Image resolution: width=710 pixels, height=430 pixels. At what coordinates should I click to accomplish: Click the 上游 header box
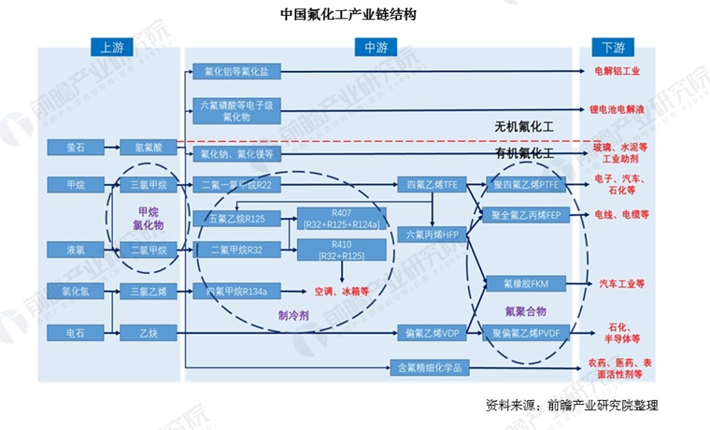coord(111,47)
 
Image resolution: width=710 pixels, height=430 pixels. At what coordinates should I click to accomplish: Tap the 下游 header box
coord(614,47)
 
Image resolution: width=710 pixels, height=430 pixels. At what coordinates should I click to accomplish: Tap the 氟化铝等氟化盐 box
coord(235,71)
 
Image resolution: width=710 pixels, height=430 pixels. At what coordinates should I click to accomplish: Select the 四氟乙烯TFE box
coord(429,184)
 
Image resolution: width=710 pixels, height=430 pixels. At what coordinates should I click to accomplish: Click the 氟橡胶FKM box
coord(528,282)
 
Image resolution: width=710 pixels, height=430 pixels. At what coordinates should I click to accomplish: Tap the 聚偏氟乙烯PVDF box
coord(528,332)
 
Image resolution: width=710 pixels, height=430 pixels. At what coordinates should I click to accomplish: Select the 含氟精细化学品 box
coord(429,367)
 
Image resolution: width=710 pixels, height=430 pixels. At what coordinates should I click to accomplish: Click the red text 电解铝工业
coord(618,70)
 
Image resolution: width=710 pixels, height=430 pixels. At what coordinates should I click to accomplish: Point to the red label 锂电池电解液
coord(620,109)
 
